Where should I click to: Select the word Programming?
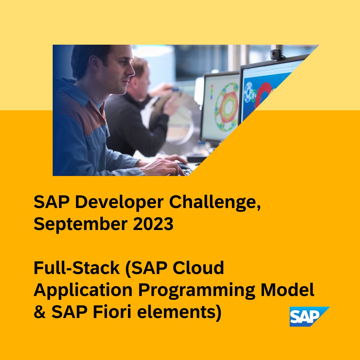(196, 290)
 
